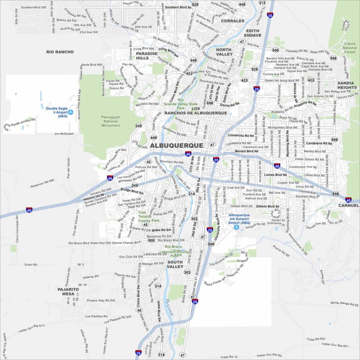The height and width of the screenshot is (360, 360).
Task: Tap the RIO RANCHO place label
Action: (60, 52)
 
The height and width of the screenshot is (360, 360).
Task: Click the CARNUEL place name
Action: (348, 205)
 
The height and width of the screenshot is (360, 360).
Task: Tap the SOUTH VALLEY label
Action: (175, 264)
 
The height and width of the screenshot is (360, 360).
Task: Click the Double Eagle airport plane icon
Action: (71, 112)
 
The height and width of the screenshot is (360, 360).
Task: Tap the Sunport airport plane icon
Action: (236, 227)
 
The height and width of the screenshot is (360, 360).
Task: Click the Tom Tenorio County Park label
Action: (145, 217)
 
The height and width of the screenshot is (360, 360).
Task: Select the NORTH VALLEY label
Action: (224, 52)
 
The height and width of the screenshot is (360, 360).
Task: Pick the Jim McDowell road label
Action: (64, 134)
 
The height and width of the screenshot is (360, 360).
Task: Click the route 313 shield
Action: (262, 3)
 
